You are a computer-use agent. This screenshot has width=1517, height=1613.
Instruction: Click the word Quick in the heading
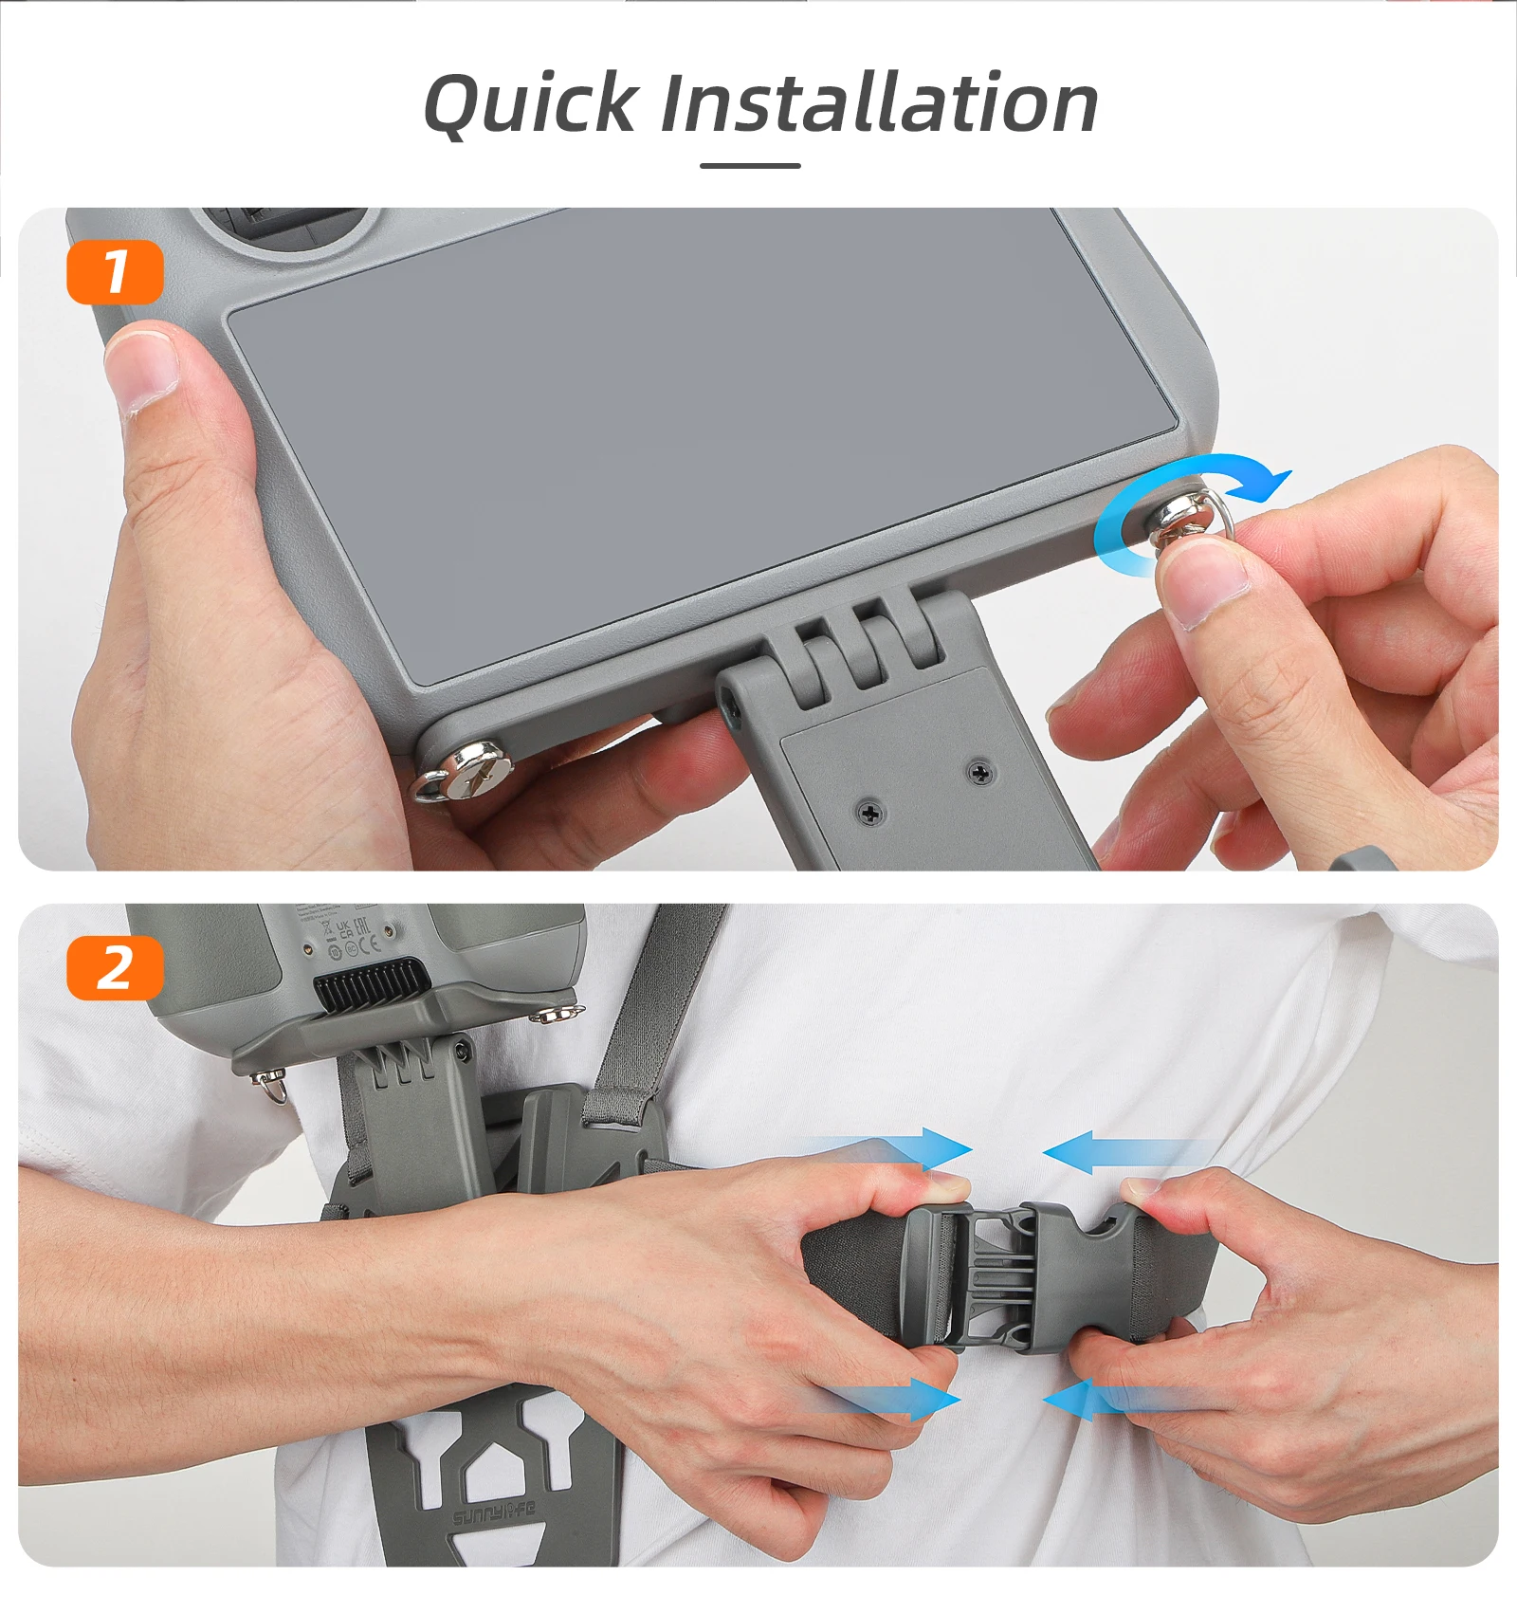530,104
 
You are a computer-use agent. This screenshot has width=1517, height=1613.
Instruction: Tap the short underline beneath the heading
750,166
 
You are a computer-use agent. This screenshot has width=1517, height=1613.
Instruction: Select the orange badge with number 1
115,272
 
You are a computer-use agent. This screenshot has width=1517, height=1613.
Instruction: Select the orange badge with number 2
115,968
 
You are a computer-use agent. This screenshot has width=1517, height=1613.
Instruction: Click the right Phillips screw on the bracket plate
980,774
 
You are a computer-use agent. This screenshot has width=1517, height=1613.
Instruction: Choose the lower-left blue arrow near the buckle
901,1400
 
